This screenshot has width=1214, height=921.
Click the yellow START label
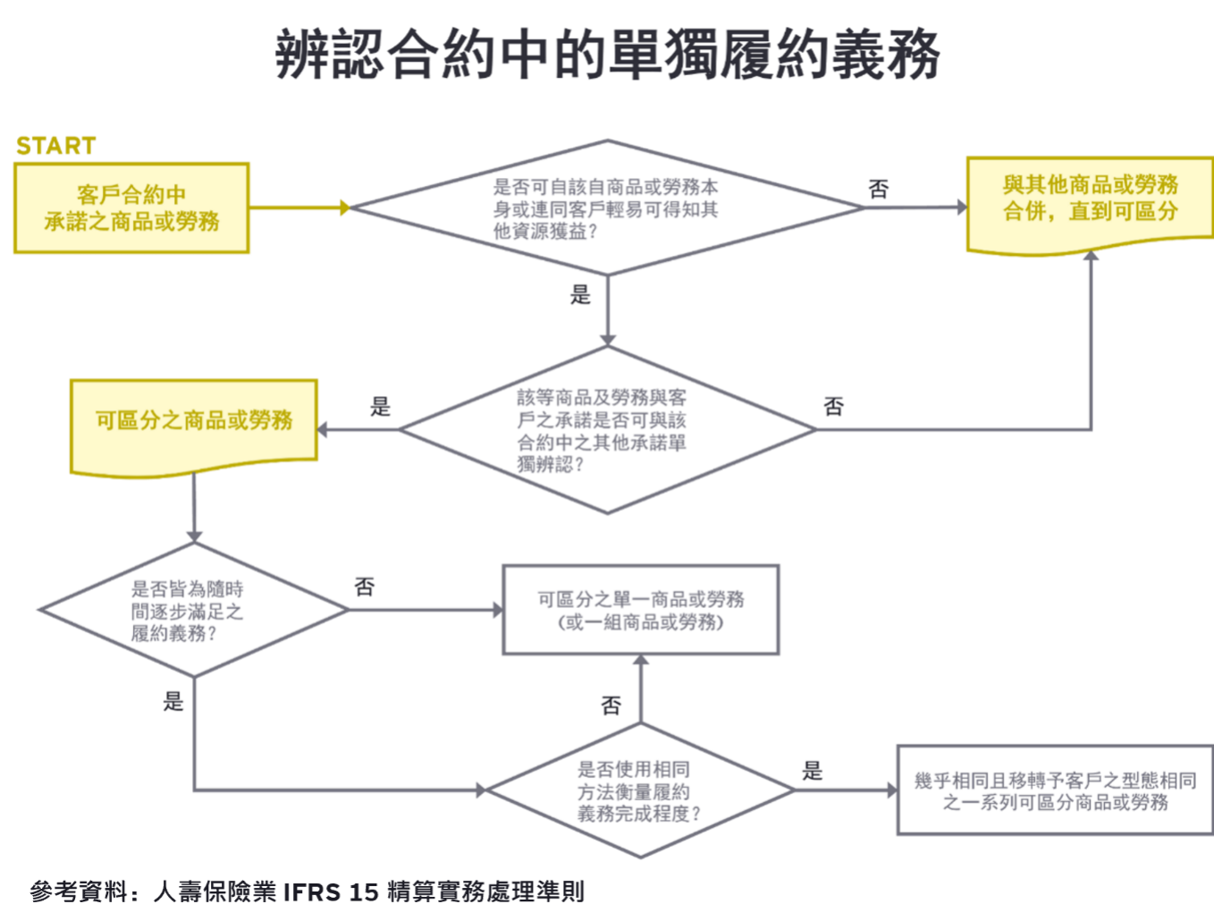click(55, 146)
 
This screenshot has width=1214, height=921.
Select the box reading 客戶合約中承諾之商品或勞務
click(132, 208)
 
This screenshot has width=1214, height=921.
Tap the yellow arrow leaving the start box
click(300, 208)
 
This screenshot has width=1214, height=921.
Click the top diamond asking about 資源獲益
click(607, 208)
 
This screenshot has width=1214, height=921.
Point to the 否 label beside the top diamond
click(879, 189)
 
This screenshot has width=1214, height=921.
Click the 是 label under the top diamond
click(581, 294)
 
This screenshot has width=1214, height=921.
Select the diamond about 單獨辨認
click(607, 430)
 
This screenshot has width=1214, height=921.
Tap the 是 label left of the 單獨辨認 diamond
click(381, 407)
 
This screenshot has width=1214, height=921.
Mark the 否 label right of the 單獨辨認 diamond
click(834, 407)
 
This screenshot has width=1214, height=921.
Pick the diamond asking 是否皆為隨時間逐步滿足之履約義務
click(193, 611)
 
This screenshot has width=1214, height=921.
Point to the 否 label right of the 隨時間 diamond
click(365, 587)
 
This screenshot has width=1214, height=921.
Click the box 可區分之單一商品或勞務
click(641, 611)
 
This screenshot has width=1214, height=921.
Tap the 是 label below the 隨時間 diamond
click(173, 701)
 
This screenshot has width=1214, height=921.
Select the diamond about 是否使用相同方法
click(640, 790)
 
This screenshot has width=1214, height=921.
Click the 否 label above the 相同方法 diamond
click(611, 706)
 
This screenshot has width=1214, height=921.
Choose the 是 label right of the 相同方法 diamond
click(812, 770)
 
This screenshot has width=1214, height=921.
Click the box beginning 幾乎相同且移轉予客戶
click(1054, 790)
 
